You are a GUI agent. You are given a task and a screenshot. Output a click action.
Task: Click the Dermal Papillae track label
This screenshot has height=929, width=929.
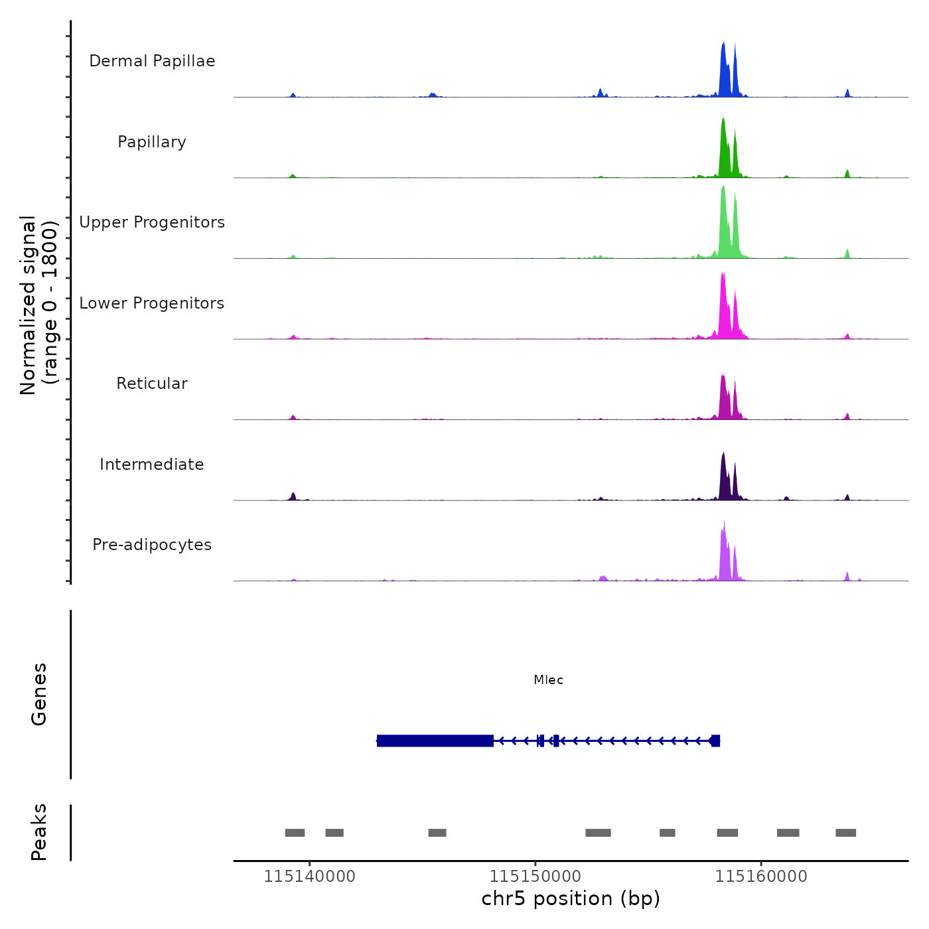click(x=152, y=61)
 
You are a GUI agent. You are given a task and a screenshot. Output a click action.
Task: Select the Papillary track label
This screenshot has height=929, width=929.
click(x=152, y=142)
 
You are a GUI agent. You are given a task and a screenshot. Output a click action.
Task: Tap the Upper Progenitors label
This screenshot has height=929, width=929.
click(x=152, y=222)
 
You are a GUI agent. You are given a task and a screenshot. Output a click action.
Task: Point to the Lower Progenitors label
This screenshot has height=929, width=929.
click(x=152, y=303)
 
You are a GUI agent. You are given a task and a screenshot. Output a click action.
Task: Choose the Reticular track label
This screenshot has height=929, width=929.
click(x=152, y=384)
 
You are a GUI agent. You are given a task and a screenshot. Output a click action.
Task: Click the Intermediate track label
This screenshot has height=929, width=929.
click(x=152, y=464)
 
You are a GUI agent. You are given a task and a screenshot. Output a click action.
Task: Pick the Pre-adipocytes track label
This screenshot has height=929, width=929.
click(x=152, y=545)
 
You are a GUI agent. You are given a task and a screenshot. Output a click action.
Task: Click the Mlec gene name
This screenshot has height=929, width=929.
click(x=548, y=680)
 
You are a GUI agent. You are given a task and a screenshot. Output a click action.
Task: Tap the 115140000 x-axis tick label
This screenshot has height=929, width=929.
click(x=309, y=877)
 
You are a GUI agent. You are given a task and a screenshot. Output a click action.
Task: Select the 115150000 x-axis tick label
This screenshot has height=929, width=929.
click(x=536, y=877)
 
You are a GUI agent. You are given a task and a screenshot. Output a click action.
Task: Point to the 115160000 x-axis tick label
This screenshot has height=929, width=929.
click(x=761, y=877)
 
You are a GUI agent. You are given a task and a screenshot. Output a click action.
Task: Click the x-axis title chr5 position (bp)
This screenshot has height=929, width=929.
click(x=571, y=898)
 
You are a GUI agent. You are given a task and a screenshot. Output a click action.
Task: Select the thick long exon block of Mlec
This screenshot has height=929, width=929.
click(x=435, y=741)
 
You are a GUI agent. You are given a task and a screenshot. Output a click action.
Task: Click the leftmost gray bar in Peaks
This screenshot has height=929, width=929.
click(x=295, y=833)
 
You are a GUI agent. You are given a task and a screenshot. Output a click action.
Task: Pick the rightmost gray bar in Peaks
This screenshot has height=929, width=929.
click(x=845, y=833)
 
